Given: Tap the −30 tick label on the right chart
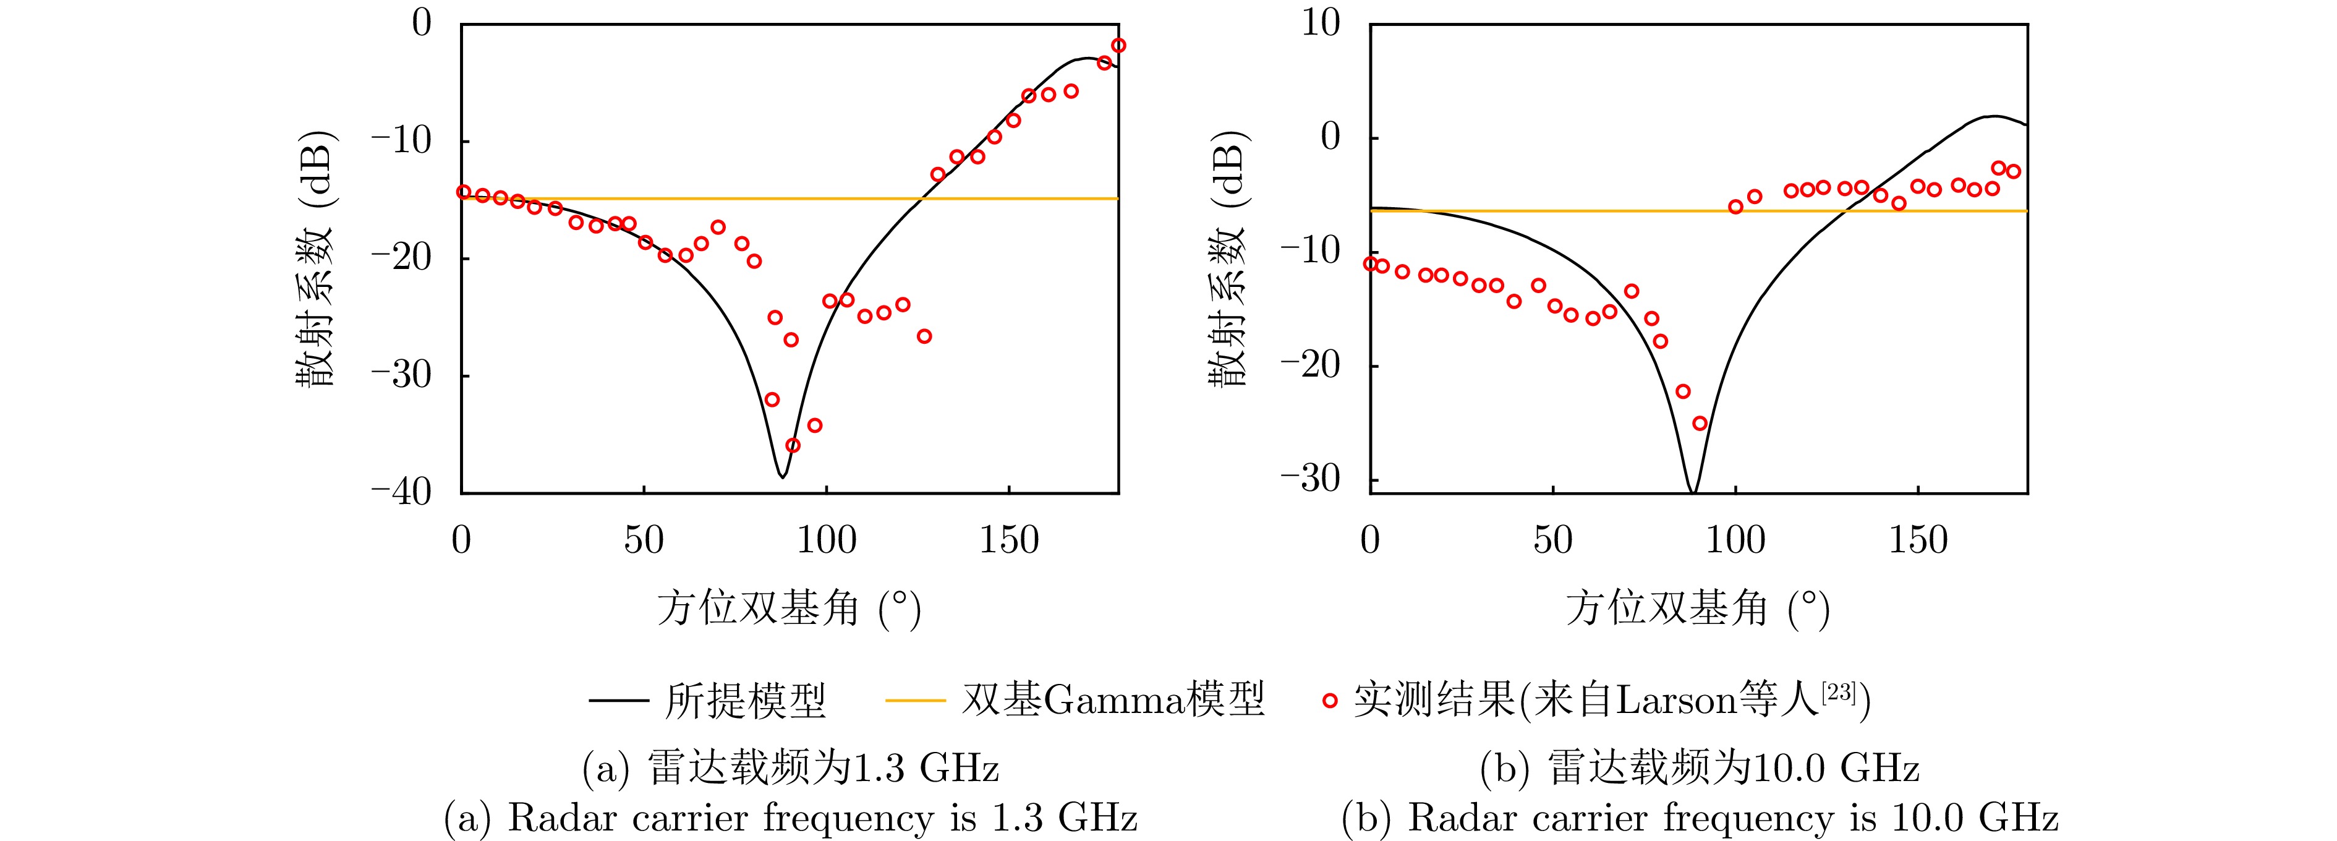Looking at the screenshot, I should (1309, 479).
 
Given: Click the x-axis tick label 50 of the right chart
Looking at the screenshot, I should (1552, 540).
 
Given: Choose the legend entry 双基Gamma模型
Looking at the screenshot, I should (1113, 699).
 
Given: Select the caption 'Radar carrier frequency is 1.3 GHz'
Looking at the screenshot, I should (790, 818).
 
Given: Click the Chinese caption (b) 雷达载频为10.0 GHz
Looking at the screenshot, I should (1699, 769).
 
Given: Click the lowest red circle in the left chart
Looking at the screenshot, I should (793, 445).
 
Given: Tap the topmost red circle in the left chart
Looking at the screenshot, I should (1118, 45).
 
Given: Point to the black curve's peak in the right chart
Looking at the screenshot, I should (1993, 116).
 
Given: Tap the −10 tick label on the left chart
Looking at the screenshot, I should (401, 140).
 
